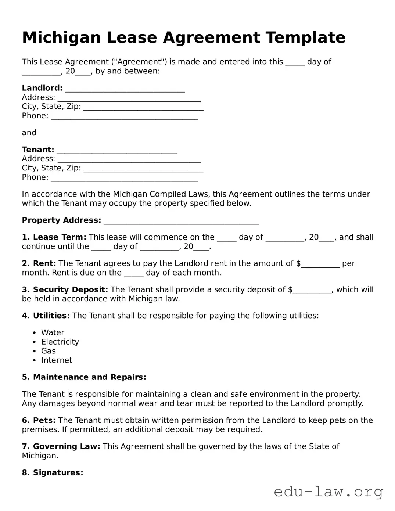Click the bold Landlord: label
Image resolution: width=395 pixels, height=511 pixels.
(x=42, y=88)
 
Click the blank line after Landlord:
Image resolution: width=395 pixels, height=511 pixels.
(x=125, y=90)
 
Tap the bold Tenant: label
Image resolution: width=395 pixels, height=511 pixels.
(x=38, y=150)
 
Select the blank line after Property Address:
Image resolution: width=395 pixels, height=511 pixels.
(x=181, y=222)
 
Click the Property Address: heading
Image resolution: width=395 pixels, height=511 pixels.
(x=61, y=220)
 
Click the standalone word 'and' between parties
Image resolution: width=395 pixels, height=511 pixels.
(x=29, y=133)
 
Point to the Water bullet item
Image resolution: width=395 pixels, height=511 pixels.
(x=53, y=332)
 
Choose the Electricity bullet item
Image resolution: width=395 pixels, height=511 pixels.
(x=60, y=342)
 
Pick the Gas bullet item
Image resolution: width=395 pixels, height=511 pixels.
(x=48, y=351)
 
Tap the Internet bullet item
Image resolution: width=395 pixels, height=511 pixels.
(x=57, y=360)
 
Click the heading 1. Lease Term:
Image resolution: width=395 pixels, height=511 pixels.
(x=54, y=237)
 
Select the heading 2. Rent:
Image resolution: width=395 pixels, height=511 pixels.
(x=39, y=263)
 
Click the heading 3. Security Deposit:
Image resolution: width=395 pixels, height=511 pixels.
(x=65, y=290)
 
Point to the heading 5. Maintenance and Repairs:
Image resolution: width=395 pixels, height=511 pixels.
(x=84, y=377)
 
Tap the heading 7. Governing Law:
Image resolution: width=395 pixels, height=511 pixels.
(x=61, y=446)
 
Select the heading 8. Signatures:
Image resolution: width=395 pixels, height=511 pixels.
(x=53, y=473)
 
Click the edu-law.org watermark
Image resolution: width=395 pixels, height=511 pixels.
(x=328, y=492)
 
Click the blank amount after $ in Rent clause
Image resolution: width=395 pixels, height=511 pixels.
(x=320, y=265)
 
